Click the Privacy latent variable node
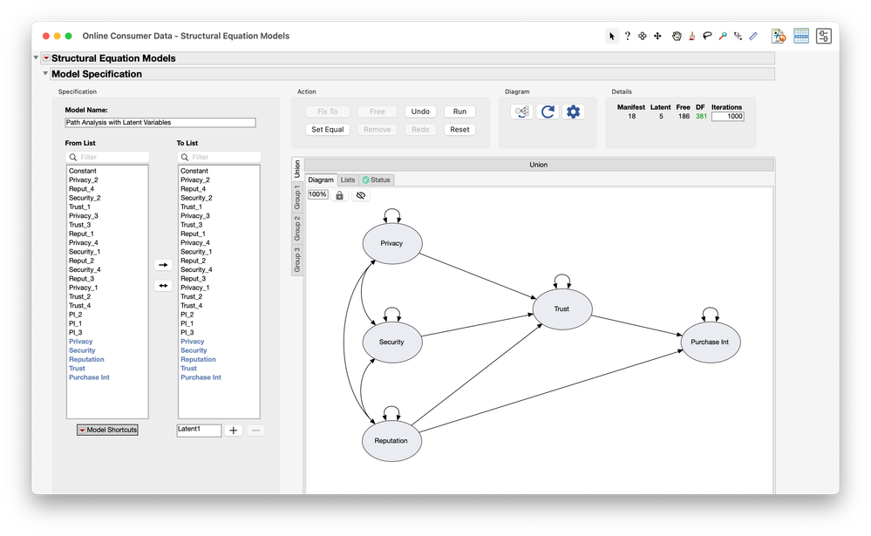(x=391, y=243)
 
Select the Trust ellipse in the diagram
(x=561, y=309)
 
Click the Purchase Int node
(x=710, y=342)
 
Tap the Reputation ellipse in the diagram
(x=391, y=440)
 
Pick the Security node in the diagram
(x=391, y=342)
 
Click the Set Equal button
(x=328, y=129)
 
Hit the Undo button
(x=420, y=112)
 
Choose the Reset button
(x=459, y=129)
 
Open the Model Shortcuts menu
(x=107, y=430)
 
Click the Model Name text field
(x=160, y=123)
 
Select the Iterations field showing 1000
(x=728, y=116)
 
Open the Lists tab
(x=348, y=180)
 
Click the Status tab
(x=377, y=180)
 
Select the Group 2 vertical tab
(x=296, y=228)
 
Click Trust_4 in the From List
(x=79, y=305)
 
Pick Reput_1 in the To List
(x=193, y=234)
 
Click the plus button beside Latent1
(x=234, y=431)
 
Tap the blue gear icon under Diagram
(x=573, y=112)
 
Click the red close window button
(x=44, y=36)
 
